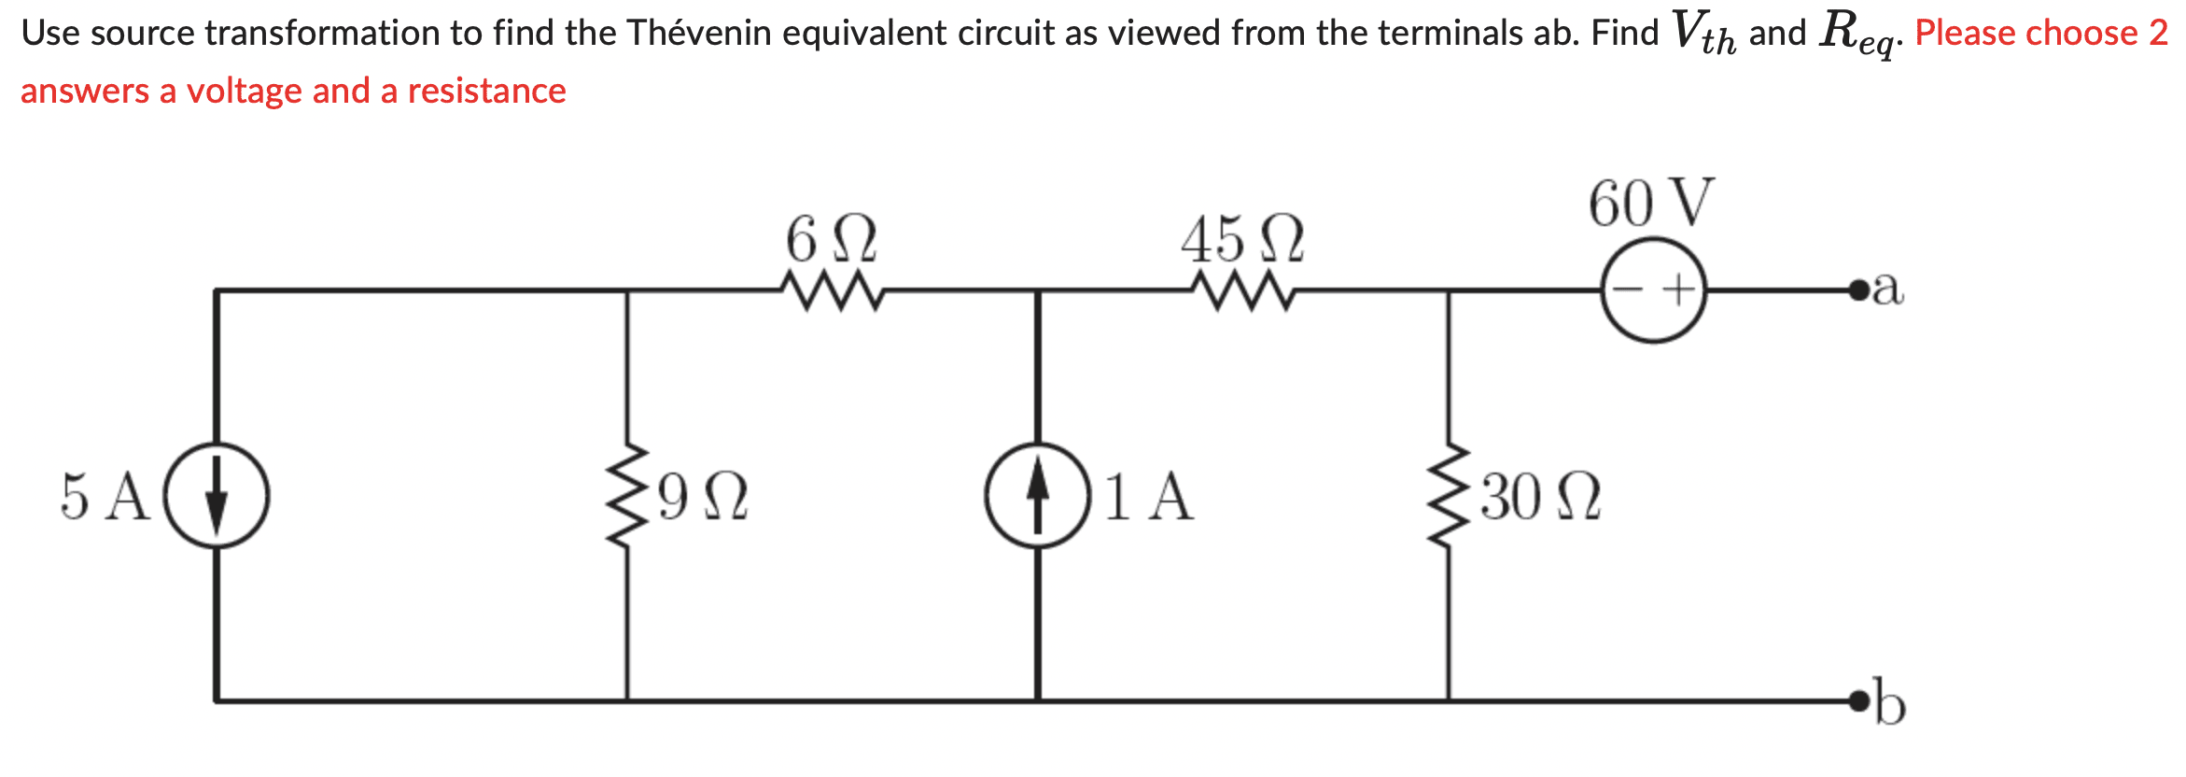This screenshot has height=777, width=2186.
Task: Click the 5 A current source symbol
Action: point(217,495)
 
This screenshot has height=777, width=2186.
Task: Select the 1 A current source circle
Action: point(1037,495)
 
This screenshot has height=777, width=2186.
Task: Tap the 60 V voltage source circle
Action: point(1654,290)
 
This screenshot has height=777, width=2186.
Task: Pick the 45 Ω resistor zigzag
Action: point(1242,290)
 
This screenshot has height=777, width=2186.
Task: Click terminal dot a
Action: point(1858,290)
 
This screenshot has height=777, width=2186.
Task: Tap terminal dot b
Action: point(1858,700)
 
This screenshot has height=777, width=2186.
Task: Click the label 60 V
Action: point(1651,203)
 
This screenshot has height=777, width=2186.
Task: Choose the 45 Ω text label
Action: point(1241,239)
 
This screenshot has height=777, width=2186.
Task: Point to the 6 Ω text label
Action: point(831,239)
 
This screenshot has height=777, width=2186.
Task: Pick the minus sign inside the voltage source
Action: point(1629,290)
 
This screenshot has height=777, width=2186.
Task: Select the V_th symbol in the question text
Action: point(1703,33)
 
